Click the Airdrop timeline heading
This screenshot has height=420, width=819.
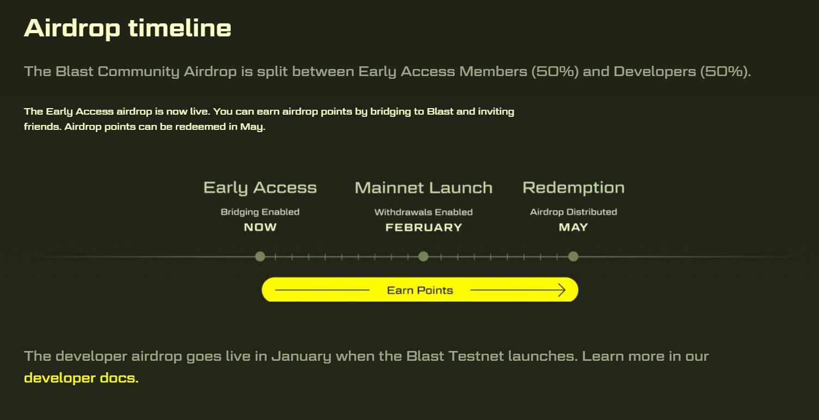click(x=127, y=28)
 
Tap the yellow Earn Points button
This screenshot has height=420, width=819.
click(x=420, y=290)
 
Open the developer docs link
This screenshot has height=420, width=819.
click(x=81, y=378)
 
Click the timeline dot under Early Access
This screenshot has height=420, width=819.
click(x=260, y=256)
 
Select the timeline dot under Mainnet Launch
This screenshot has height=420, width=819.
click(x=423, y=256)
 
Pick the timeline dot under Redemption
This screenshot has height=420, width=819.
click(x=574, y=256)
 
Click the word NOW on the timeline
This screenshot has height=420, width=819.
click(x=260, y=227)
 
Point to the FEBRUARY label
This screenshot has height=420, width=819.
click(x=424, y=227)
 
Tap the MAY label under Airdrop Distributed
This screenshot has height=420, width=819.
click(x=574, y=227)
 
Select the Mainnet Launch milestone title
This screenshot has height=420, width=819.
click(x=423, y=188)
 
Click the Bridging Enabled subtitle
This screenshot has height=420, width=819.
click(x=260, y=212)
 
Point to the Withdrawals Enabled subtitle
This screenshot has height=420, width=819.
click(x=423, y=212)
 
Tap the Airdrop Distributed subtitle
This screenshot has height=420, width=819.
click(x=574, y=212)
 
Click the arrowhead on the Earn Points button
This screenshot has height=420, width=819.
click(x=562, y=290)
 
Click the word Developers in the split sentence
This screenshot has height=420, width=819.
click(x=655, y=72)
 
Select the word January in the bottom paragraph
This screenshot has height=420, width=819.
click(x=301, y=356)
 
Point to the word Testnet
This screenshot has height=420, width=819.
click(x=476, y=356)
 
